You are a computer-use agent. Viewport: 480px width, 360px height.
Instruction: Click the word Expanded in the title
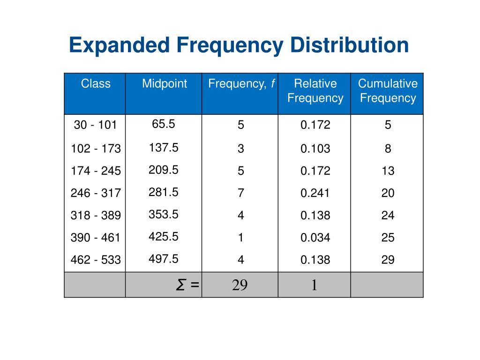click(x=119, y=46)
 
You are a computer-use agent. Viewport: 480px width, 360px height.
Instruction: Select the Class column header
click(x=96, y=84)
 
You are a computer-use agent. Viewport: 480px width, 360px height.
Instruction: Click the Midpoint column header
click(x=165, y=84)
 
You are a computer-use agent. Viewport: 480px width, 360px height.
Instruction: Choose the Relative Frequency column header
click(x=315, y=91)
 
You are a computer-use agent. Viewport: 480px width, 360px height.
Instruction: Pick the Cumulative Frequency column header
click(x=388, y=91)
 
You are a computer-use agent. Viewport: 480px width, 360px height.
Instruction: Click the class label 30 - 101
click(x=95, y=125)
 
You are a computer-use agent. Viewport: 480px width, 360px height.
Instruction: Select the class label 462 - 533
click(x=96, y=260)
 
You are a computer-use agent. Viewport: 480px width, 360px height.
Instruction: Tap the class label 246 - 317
click(x=96, y=193)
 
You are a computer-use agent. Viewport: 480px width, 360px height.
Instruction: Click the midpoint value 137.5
click(x=164, y=148)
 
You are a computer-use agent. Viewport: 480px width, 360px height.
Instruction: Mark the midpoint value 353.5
click(x=164, y=214)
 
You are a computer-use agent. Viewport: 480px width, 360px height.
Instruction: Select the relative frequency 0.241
click(x=315, y=193)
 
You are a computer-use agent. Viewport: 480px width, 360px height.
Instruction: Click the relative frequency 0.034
click(x=315, y=238)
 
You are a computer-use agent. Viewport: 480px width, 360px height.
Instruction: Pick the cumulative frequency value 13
click(x=388, y=171)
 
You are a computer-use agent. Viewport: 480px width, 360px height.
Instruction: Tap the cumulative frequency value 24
click(x=388, y=216)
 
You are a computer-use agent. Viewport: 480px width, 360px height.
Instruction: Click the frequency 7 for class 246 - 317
click(x=241, y=193)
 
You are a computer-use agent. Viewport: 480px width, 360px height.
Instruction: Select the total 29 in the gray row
click(x=240, y=285)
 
